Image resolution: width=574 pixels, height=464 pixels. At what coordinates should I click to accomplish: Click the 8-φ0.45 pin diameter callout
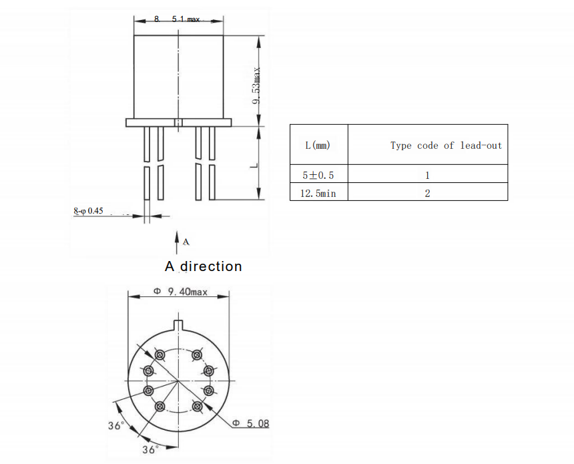click(88, 211)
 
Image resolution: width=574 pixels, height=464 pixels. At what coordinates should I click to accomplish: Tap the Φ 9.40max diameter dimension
click(181, 292)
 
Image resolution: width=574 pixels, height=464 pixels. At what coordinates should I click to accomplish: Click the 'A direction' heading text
click(203, 266)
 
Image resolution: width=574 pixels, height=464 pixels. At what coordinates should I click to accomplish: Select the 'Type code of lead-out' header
click(446, 145)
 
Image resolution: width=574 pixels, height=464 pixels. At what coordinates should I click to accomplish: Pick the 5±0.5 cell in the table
click(318, 175)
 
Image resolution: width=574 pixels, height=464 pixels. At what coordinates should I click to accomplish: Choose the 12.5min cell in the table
click(318, 193)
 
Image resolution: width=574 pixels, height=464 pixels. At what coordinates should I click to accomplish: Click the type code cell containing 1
click(427, 175)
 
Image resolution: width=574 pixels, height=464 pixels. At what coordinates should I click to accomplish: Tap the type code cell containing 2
click(427, 193)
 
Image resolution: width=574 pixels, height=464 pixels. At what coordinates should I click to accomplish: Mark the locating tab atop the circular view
click(178, 326)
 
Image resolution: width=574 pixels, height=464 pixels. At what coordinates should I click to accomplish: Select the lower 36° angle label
click(150, 450)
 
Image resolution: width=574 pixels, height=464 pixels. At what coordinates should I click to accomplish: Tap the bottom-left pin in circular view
click(160, 406)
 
